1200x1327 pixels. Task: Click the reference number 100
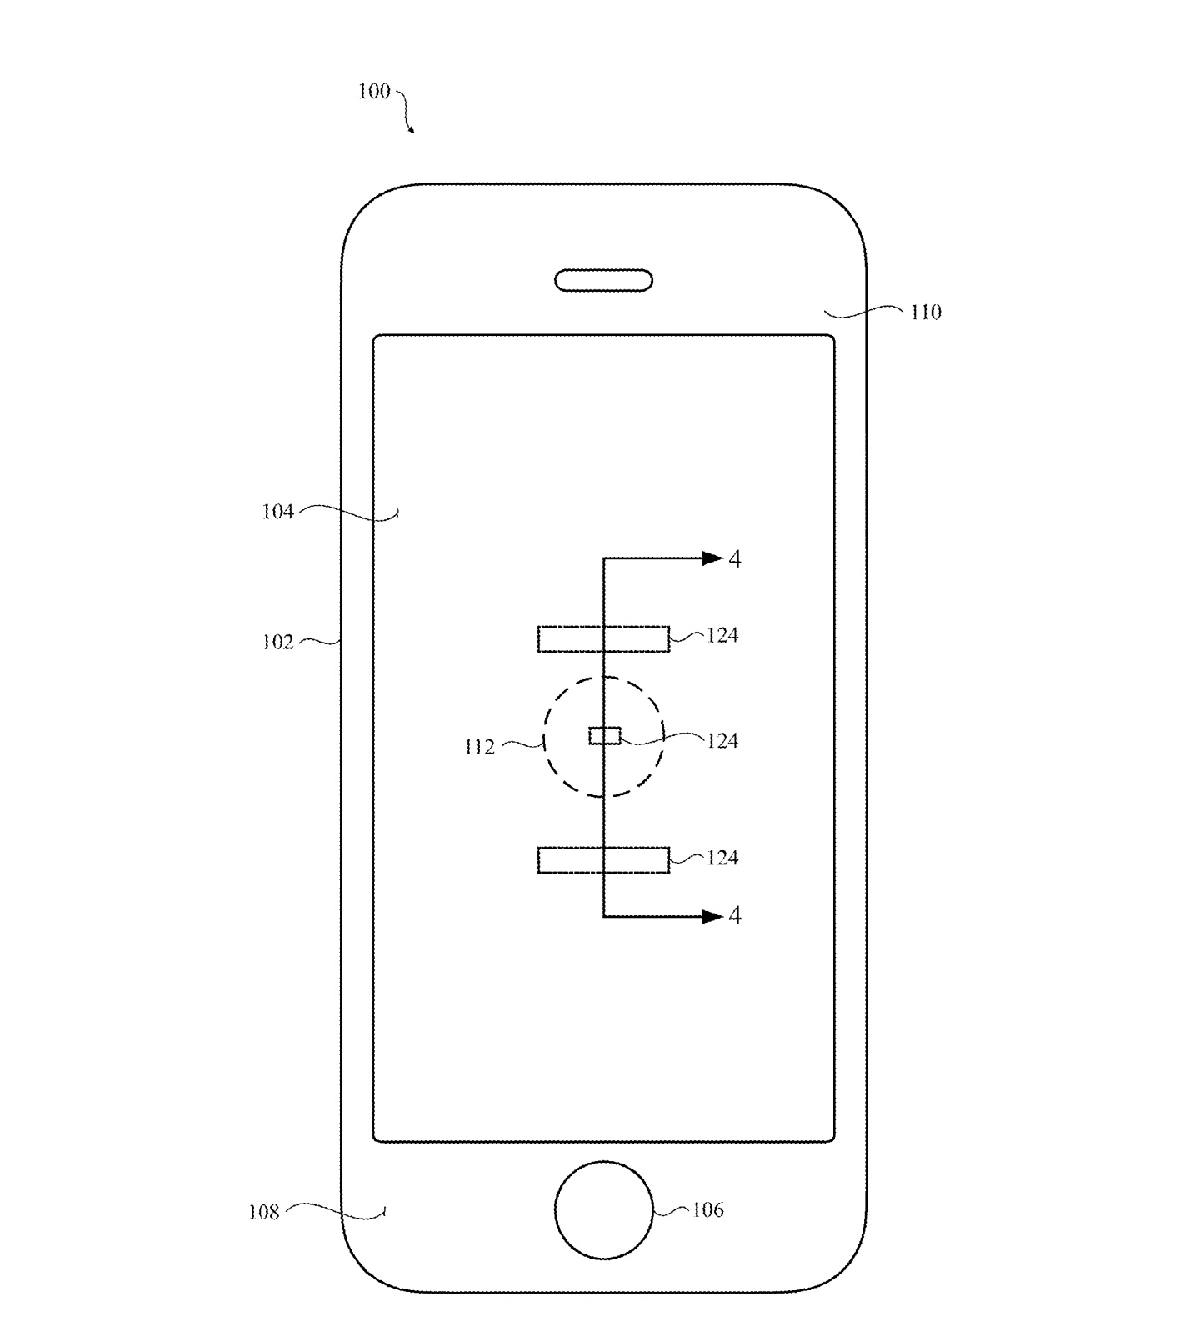(374, 91)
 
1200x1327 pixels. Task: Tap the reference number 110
(925, 313)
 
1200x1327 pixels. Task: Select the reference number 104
(277, 512)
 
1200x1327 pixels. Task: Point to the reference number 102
(278, 642)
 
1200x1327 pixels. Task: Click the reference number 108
(263, 1212)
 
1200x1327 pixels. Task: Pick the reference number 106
(707, 1210)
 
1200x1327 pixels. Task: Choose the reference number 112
(479, 747)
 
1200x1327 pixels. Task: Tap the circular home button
(603, 1209)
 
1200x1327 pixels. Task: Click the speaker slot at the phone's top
(603, 280)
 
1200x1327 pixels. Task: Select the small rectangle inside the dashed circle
(605, 735)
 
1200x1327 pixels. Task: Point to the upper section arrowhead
(712, 558)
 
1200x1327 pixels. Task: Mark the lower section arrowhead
(712, 917)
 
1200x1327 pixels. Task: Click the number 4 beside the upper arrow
(734, 559)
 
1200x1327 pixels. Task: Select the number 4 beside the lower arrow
(734, 917)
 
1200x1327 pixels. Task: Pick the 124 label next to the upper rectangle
(722, 636)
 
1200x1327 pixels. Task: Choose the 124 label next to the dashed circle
(722, 741)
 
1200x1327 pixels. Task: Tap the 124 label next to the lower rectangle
(722, 859)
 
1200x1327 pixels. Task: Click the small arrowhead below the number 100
(411, 129)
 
